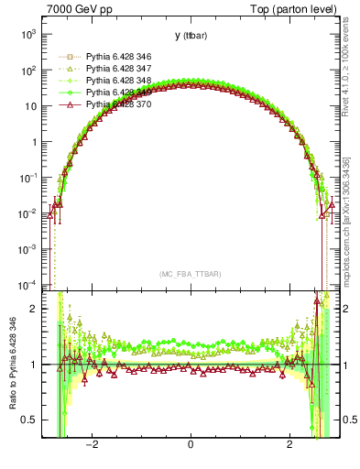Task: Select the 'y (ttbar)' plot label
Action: coord(190,36)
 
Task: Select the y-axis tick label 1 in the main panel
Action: coord(35,142)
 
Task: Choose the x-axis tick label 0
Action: coord(190,445)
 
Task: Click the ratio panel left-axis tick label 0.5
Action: coord(30,420)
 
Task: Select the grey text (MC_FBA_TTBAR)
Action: coord(190,275)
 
